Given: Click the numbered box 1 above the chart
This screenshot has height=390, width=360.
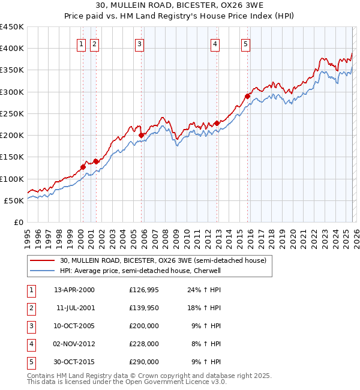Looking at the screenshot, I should (82, 43).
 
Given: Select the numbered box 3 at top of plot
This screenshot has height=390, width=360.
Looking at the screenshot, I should (139, 43).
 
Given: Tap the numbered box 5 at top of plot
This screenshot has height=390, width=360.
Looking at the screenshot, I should (246, 43).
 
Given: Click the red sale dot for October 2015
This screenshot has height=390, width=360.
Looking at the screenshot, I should (247, 96).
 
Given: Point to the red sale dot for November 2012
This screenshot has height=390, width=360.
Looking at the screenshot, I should (216, 123).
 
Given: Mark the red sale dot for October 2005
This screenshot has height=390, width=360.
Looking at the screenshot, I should (142, 135).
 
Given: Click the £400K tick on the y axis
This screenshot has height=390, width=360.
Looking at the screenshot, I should (12, 49).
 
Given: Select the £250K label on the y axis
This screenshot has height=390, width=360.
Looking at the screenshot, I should (12, 113).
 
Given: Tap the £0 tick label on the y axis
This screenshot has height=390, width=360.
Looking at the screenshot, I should (18, 222).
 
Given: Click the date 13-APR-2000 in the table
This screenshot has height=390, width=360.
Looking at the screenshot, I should (74, 290).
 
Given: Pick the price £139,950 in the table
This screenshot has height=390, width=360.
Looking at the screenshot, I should (144, 308).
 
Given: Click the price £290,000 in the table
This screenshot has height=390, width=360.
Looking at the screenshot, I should (144, 362).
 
